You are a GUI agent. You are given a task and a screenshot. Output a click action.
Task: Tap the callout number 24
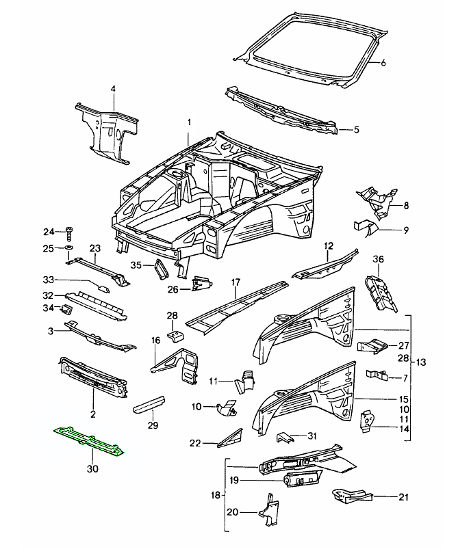(x=48, y=230)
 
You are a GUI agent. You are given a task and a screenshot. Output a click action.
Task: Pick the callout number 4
(x=114, y=88)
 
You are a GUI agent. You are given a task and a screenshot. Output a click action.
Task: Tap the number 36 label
(x=378, y=258)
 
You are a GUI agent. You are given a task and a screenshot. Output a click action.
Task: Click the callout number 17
(x=235, y=282)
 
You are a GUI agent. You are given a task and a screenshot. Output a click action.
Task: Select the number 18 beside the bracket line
(x=216, y=494)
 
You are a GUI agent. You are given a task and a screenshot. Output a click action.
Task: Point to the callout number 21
(x=403, y=497)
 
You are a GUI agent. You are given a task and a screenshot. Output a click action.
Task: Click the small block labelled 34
(x=68, y=308)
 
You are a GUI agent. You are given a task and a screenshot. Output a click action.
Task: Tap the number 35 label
(x=136, y=266)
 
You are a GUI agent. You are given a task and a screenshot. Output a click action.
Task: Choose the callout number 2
(x=92, y=414)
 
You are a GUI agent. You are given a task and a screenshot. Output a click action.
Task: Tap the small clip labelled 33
(x=105, y=288)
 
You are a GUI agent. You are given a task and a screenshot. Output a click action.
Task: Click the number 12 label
(x=329, y=245)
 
